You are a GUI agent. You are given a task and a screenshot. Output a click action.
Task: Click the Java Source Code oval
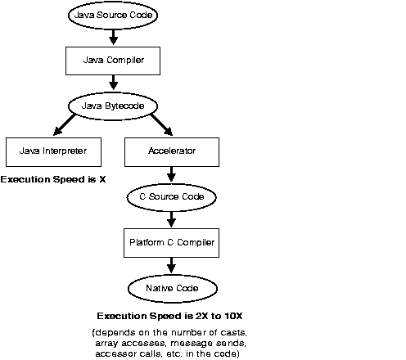click(114, 14)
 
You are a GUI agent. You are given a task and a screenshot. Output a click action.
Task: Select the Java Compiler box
click(113, 60)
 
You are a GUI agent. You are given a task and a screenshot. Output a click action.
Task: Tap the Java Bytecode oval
click(113, 106)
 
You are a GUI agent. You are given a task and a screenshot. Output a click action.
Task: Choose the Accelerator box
click(171, 151)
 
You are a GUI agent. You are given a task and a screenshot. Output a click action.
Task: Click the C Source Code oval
click(171, 196)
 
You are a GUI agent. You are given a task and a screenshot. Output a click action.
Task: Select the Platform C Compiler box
click(171, 242)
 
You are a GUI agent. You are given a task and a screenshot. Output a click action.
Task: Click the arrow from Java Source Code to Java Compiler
click(114, 35)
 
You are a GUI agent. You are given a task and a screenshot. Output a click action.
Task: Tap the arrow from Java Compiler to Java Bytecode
click(114, 82)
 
